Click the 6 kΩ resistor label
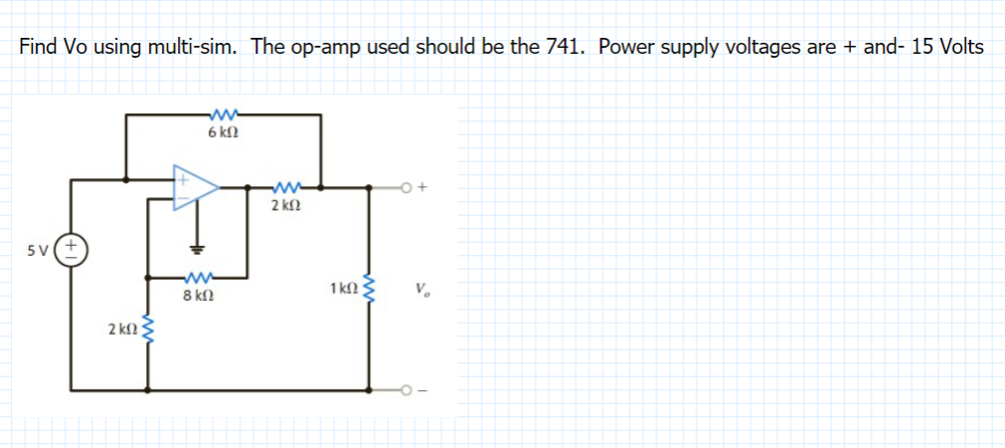coord(221,132)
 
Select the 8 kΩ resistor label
coord(196,296)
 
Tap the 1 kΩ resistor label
coord(340,289)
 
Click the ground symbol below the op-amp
coord(197,246)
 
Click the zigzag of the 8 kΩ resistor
coord(196,277)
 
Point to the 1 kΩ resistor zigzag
coord(371,289)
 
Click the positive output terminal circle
coord(408,186)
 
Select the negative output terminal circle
coord(408,390)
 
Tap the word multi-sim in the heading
coord(192,48)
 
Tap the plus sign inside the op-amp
coord(183,182)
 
